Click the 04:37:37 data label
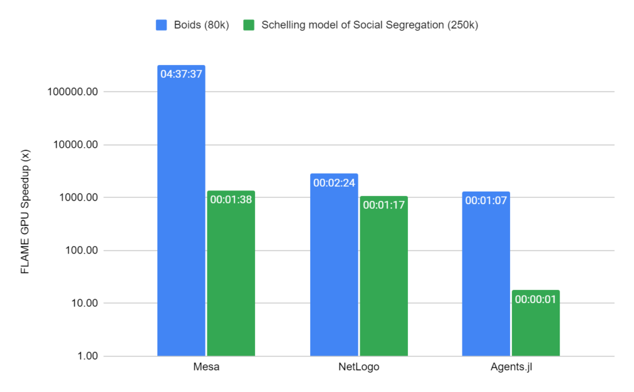(181, 74)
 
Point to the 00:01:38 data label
(231, 200)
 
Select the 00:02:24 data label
(334, 183)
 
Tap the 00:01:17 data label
(384, 205)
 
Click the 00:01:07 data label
(486, 200)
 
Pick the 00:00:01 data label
(536, 299)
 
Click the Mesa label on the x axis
(206, 367)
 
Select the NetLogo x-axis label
(358, 367)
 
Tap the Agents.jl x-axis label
(511, 367)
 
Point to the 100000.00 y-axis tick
(72, 92)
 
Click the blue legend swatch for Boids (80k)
(160, 25)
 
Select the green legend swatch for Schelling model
(248, 25)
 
